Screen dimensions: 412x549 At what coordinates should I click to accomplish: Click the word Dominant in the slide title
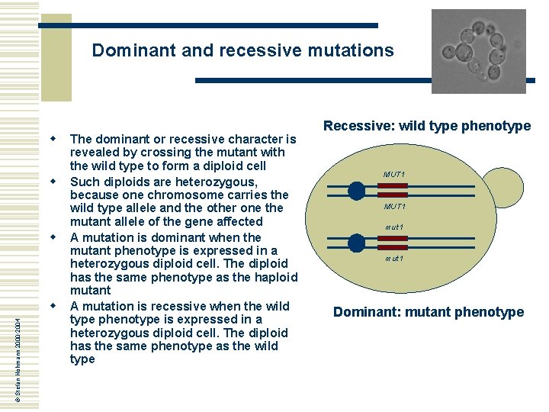click(x=127, y=51)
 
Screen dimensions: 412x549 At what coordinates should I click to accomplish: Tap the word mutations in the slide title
click(x=351, y=51)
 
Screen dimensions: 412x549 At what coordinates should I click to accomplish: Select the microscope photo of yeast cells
click(x=478, y=51)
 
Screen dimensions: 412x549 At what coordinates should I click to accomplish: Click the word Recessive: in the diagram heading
click(x=358, y=126)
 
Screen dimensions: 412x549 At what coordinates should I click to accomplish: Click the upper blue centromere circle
click(x=357, y=191)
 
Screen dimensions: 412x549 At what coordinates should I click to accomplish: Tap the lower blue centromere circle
click(x=357, y=243)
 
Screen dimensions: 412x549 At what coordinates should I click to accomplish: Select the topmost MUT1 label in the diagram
click(x=394, y=175)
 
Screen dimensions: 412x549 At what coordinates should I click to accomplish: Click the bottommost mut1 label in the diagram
click(x=394, y=259)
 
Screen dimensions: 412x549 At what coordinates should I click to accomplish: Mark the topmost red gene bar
click(x=394, y=186)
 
